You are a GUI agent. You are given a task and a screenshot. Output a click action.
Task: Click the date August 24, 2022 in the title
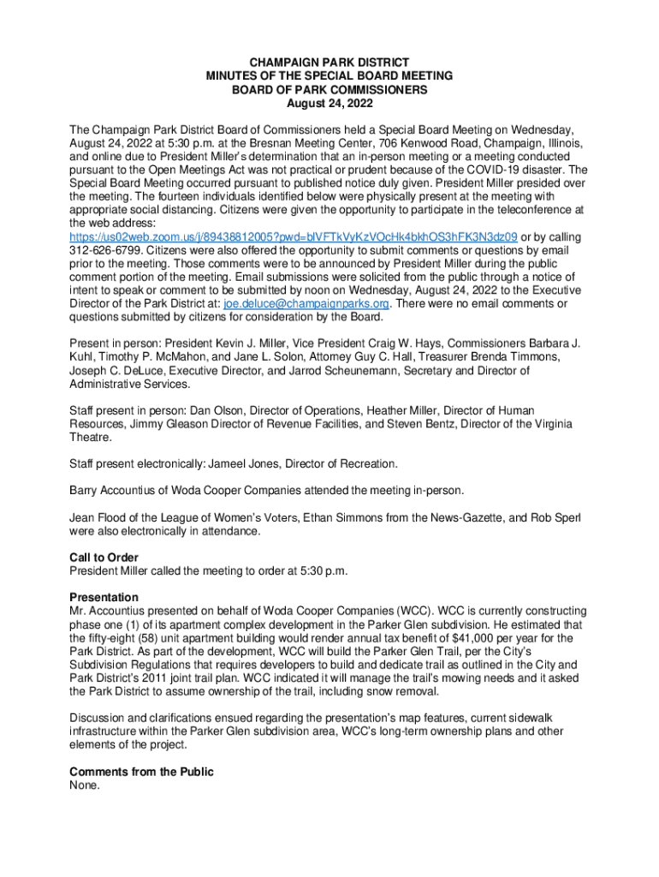(x=329, y=103)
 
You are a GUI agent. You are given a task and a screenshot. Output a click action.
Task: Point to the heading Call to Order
(x=104, y=558)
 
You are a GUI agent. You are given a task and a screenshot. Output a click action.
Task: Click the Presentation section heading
(x=104, y=597)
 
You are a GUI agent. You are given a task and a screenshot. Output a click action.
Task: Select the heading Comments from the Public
(x=141, y=772)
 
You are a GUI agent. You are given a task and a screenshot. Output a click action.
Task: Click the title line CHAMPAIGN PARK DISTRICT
(x=329, y=63)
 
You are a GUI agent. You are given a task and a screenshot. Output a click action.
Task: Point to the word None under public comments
(x=85, y=785)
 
